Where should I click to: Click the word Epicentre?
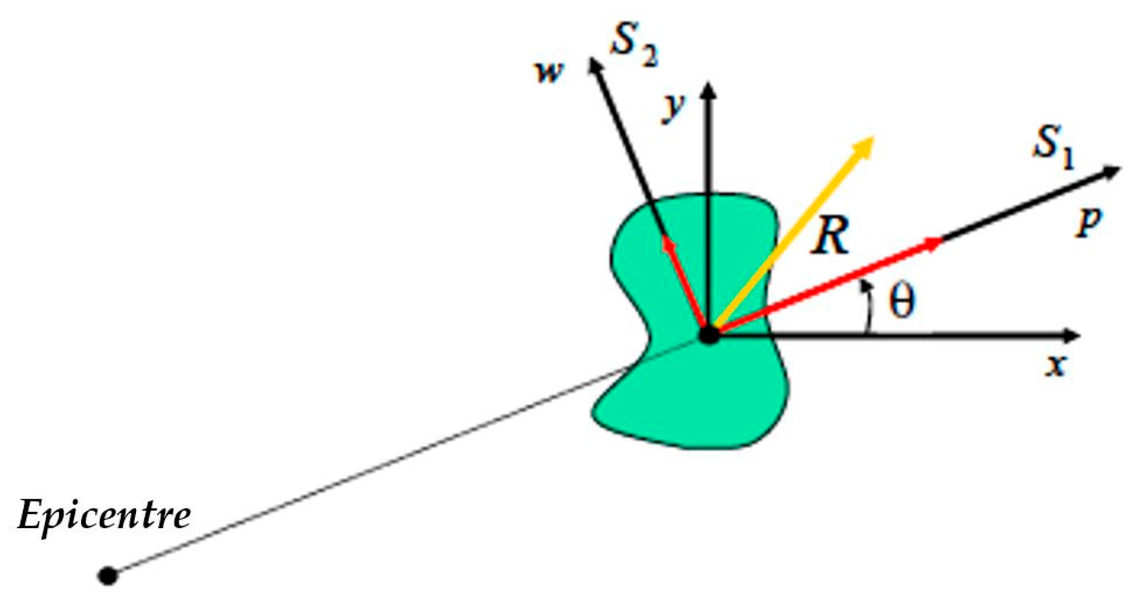pyautogui.click(x=104, y=516)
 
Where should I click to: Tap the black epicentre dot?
pyautogui.click(x=108, y=576)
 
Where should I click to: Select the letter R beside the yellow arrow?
pyautogui.click(x=830, y=236)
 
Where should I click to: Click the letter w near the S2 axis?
pyautogui.click(x=549, y=72)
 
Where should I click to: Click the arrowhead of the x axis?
pyautogui.click(x=1071, y=334)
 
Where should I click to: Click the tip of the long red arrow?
pyautogui.click(x=936, y=242)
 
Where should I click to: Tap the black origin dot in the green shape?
pyautogui.click(x=710, y=334)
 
